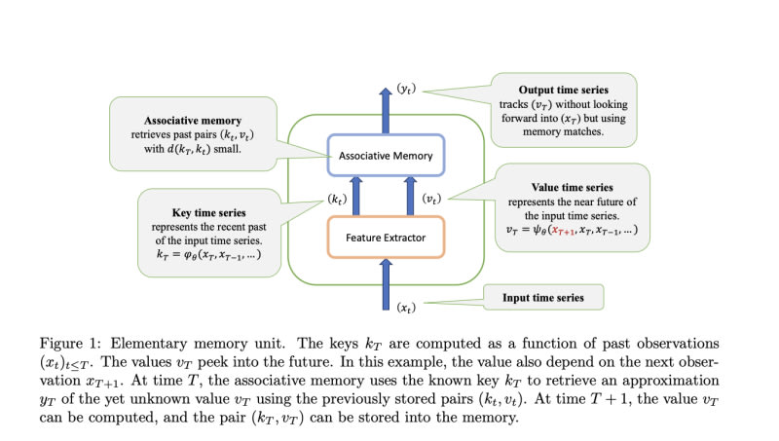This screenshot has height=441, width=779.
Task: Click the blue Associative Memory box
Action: coord(386,156)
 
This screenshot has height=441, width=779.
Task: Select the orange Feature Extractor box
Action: coord(386,238)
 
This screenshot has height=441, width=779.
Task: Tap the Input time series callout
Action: coord(543,298)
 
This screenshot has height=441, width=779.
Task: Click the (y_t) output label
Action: coord(406,89)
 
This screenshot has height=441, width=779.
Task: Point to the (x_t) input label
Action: coord(406,308)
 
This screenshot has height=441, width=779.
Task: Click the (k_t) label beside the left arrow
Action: coord(337,200)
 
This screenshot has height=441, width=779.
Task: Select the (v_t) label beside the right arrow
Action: coord(431,200)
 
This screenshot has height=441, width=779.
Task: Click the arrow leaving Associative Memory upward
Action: coord(386,111)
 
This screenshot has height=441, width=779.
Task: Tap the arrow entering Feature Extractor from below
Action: coord(386,284)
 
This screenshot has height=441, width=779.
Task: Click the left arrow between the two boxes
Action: coord(356,197)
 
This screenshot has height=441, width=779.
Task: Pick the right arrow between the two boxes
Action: coord(410,197)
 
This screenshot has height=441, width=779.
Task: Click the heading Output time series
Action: coord(564,90)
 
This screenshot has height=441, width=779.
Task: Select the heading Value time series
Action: coord(572,187)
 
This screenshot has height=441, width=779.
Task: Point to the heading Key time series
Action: coord(208,212)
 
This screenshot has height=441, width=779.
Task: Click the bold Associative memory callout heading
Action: coord(193,121)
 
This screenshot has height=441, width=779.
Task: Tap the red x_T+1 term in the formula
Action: coord(564,231)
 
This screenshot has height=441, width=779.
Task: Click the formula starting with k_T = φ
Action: coord(208,255)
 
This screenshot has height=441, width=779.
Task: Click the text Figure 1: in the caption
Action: coord(70,344)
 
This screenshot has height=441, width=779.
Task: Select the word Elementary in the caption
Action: coord(148,345)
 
